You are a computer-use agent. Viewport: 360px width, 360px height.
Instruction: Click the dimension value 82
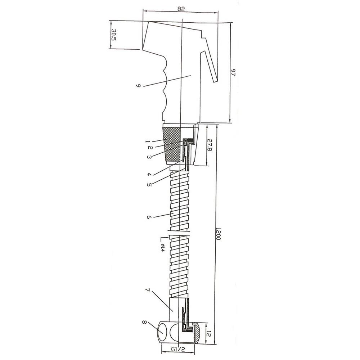click(181, 9)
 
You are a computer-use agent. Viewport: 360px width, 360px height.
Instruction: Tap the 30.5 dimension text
click(114, 35)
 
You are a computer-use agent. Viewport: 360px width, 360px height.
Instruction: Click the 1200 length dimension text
click(218, 234)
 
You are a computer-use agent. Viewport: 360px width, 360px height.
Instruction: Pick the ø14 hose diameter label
click(162, 248)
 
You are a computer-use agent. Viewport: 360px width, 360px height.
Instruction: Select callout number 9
click(138, 86)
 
